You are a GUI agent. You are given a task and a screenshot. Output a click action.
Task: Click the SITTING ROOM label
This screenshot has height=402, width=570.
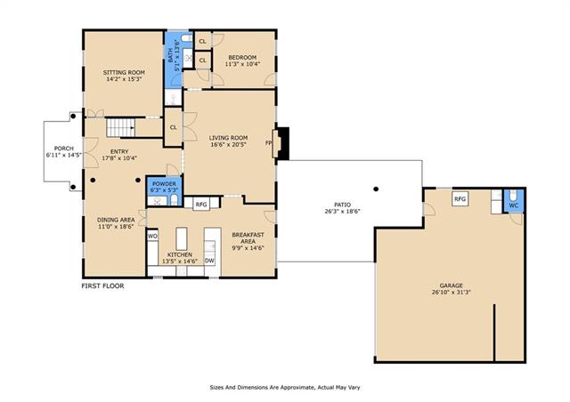pos(124,72)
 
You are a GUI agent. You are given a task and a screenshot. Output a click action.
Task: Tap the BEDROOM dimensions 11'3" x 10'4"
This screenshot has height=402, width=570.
pos(242,64)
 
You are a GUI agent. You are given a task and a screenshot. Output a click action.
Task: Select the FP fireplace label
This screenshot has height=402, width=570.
pos(269,143)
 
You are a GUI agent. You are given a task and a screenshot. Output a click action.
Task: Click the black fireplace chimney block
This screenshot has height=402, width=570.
pos(283,143)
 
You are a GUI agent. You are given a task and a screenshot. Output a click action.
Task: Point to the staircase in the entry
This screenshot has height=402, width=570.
pos(121,127)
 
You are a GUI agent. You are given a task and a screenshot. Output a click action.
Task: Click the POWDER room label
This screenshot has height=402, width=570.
pos(164,184)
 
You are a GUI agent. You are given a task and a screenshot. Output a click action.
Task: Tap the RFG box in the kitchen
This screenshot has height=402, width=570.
pos(201,205)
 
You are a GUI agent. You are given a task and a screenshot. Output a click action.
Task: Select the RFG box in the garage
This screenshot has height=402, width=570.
pos(460,199)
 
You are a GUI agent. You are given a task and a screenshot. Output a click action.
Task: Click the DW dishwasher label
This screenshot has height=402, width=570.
pos(209,261)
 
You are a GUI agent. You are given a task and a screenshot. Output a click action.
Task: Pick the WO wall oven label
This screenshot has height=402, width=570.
pos(152,237)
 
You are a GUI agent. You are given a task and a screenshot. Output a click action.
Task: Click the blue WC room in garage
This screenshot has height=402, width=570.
pos(513,201)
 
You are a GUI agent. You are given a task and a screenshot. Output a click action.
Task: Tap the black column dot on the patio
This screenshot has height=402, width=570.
pos(376,189)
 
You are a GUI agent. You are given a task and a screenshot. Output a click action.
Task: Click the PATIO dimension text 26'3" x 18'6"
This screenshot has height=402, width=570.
pos(342,212)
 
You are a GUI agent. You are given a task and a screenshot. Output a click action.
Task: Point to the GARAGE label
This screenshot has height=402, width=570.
pos(452,285)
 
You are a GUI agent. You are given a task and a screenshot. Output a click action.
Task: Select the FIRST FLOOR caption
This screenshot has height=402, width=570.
pos(102,285)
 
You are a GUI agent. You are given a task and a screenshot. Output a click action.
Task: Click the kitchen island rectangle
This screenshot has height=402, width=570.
pos(182,238)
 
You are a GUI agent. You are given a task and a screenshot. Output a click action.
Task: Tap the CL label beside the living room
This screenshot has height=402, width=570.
pos(174,127)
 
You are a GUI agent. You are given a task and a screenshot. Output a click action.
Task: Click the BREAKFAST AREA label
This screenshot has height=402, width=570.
pos(248,237)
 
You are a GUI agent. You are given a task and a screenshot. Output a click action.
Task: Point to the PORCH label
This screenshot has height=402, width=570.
pos(64,149)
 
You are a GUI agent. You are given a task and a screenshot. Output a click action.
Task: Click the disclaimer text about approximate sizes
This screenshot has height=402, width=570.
pos(285,388)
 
